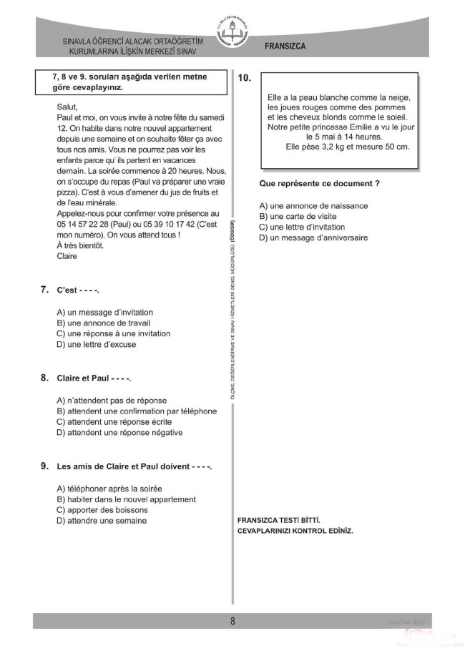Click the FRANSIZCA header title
click(285, 46)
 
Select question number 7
click(44, 290)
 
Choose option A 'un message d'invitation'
click(104, 313)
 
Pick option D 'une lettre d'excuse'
click(96, 344)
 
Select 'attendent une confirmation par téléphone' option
click(136, 411)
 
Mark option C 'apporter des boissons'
click(102, 510)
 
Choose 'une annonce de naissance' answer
click(313, 206)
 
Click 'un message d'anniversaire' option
click(313, 238)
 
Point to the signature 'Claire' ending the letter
click(67, 256)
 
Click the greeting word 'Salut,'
click(67, 107)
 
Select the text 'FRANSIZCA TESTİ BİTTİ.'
click(278, 520)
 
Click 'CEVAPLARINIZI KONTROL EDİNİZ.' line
click(295, 531)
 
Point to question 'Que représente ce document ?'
click(319, 184)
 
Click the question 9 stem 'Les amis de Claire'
click(134, 466)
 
